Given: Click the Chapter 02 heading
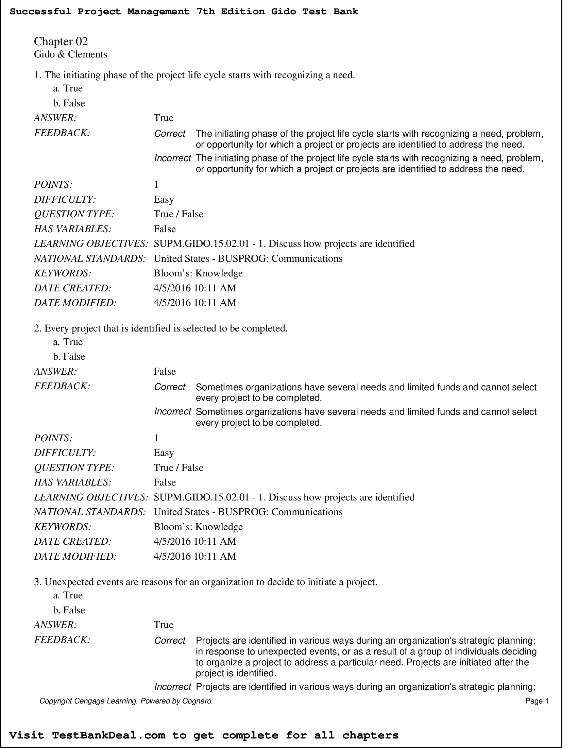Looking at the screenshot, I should click(x=61, y=41).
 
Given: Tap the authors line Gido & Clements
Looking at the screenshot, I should click(x=70, y=54).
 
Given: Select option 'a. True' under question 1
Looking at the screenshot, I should click(x=68, y=88).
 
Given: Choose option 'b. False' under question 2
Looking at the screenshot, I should click(x=69, y=357).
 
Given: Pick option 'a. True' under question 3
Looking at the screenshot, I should click(x=68, y=595).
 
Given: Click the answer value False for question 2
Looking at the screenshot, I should click(x=164, y=371).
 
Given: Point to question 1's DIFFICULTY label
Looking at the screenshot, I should click(x=65, y=199).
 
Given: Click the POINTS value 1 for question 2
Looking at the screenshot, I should click(x=156, y=438).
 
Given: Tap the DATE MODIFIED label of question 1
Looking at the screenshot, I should click(x=75, y=303).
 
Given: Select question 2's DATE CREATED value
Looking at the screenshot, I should click(x=194, y=541).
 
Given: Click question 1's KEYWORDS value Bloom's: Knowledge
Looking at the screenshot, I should click(x=198, y=273).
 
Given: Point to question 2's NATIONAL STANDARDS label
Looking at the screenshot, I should click(x=90, y=512).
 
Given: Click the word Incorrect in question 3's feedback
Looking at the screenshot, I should click(x=172, y=687).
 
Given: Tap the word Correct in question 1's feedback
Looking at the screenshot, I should click(x=170, y=134).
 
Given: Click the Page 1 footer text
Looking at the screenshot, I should click(x=537, y=701).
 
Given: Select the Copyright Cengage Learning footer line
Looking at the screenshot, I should click(x=126, y=701).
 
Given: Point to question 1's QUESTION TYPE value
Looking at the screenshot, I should click(x=178, y=214).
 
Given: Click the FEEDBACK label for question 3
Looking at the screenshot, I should click(x=62, y=640).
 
